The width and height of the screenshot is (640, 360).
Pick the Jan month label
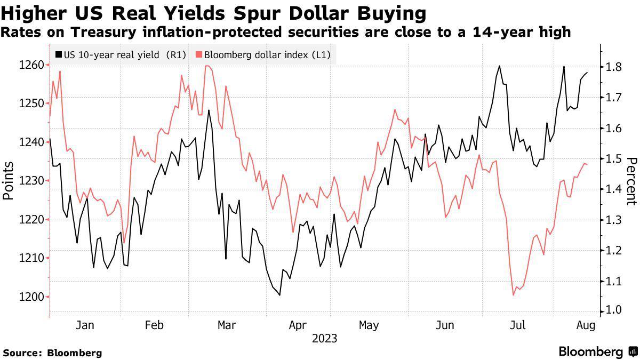coord(85,325)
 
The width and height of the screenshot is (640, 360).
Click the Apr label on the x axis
coord(298,325)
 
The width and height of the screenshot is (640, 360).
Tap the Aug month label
coord(586,325)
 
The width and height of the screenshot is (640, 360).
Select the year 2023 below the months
coord(325,338)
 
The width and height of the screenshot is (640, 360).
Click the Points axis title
coord(8,180)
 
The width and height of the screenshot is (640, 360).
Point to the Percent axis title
coord(631,181)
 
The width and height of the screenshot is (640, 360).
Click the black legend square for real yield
coord(58,54)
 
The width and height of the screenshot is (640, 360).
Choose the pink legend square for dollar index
coord(199,54)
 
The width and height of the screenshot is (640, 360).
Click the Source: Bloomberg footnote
coord(52,353)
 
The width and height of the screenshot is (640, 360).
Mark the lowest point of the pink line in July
coord(514,295)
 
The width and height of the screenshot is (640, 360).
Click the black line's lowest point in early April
coord(279,295)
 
